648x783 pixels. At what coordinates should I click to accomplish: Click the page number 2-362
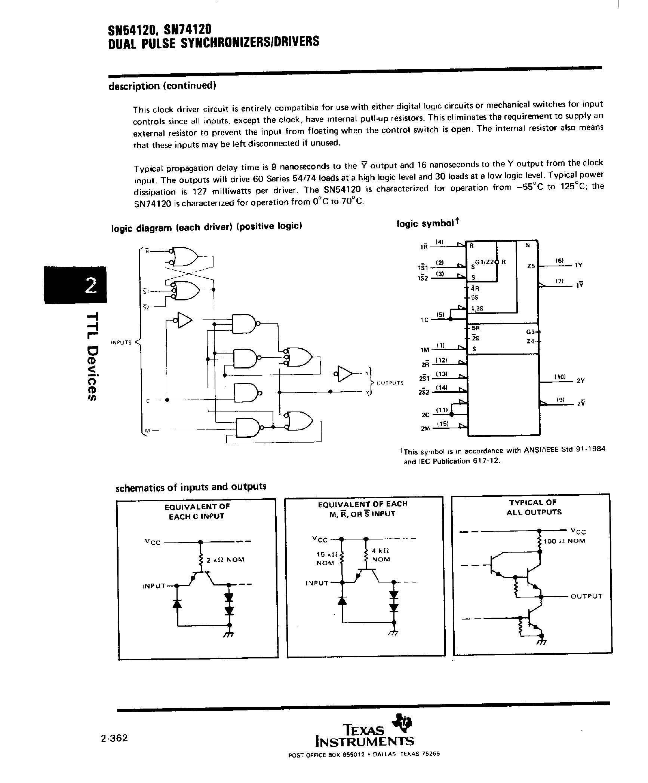[114, 738]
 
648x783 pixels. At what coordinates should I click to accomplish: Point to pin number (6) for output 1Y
[559, 260]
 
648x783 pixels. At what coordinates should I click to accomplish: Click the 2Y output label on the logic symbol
[580, 381]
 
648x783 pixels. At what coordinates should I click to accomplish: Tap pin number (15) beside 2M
[442, 423]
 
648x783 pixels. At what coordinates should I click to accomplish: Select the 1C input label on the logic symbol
[424, 320]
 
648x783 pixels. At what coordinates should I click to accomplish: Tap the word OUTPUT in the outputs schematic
[586, 596]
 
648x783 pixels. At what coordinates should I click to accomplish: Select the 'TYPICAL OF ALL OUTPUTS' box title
[534, 507]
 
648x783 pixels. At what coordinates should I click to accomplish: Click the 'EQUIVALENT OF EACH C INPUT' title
[197, 511]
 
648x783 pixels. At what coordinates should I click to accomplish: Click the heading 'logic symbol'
[427, 223]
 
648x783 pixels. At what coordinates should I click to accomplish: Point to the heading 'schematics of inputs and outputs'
[191, 487]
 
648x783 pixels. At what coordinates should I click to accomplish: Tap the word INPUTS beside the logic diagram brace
[121, 342]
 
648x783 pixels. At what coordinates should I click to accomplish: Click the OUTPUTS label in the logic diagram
[390, 383]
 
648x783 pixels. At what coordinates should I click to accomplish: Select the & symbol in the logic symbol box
[528, 245]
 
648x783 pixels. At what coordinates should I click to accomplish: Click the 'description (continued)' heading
[162, 86]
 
